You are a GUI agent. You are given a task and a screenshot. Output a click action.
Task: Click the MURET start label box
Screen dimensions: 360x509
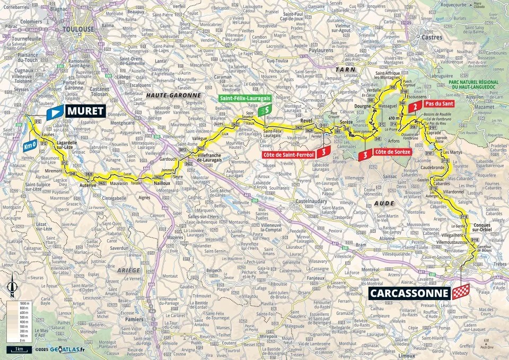(85, 111)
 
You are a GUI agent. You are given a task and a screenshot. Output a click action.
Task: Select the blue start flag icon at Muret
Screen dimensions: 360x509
(55, 112)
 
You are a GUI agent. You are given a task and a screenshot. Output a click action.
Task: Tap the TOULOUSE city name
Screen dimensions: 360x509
(78, 30)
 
